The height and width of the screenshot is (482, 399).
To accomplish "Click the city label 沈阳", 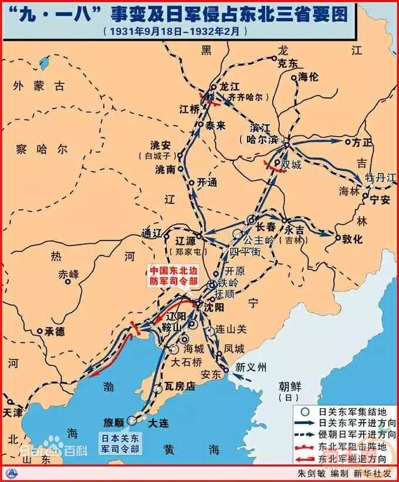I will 215,307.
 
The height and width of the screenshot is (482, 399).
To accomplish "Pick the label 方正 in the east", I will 362,142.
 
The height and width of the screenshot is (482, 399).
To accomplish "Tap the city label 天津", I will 15,412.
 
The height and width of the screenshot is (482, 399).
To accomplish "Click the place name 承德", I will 53,332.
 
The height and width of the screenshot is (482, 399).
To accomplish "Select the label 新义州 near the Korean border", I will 251,368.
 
